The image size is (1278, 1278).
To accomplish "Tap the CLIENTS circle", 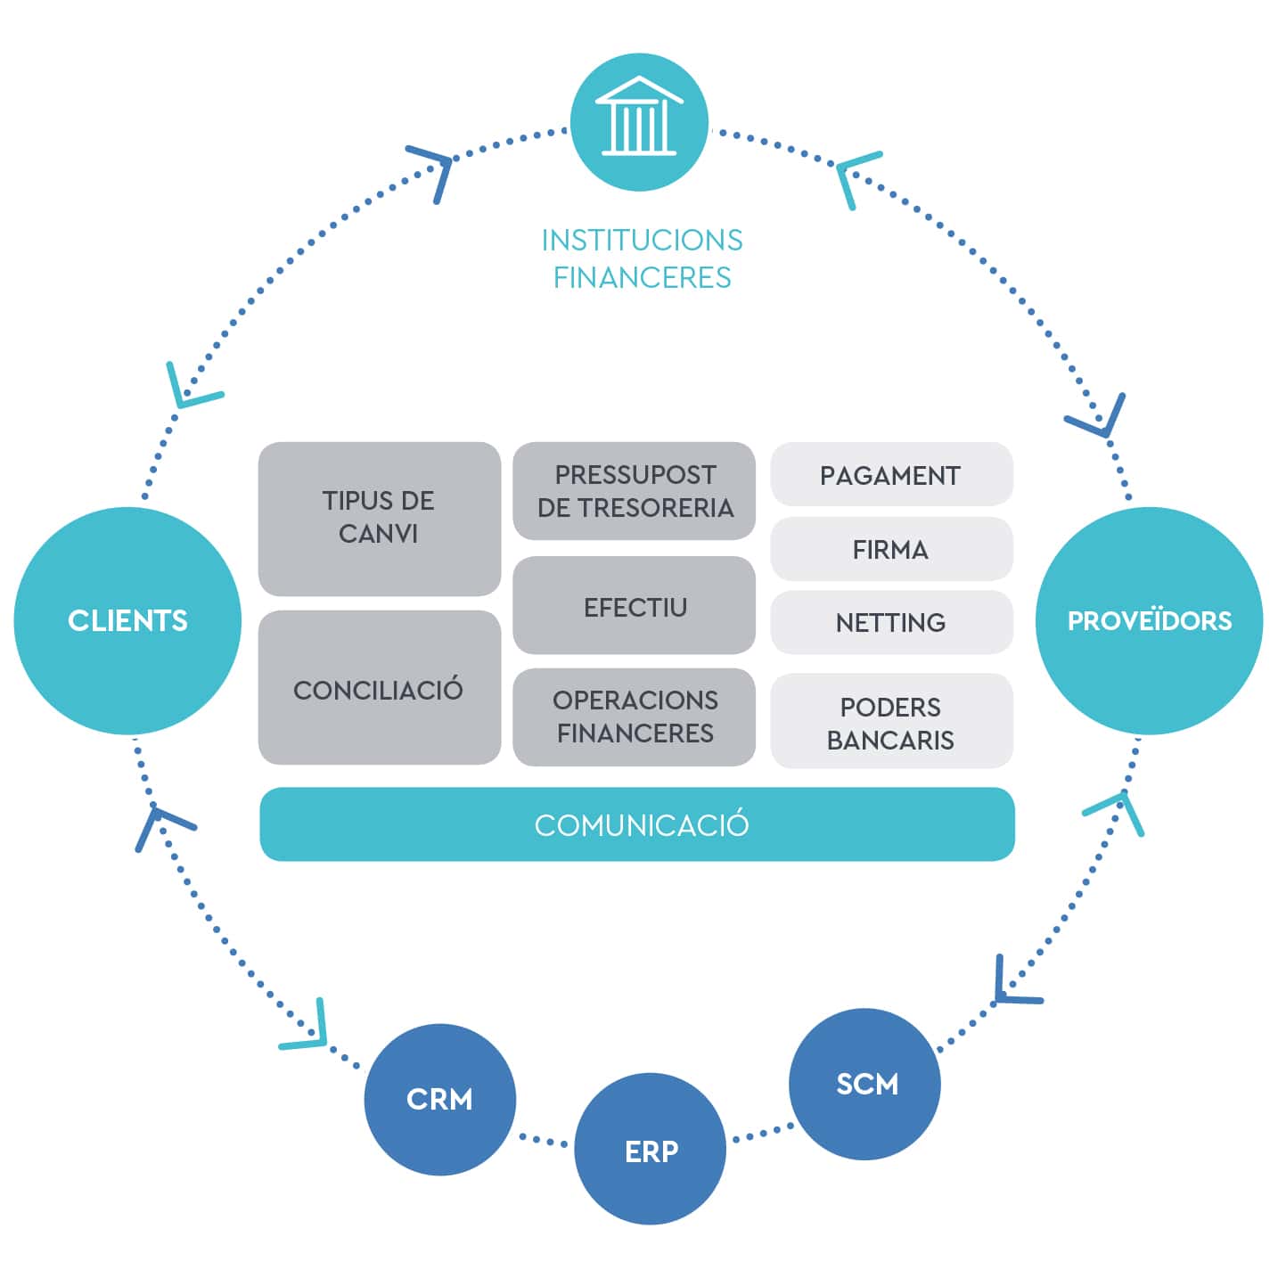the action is click(x=127, y=621).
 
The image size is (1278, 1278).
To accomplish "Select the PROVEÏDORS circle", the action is click(x=1150, y=621).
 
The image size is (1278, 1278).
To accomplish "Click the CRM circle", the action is click(x=439, y=1100).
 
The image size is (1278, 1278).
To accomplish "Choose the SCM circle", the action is click(x=864, y=1085).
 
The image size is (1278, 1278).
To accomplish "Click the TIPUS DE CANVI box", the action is click(x=380, y=519).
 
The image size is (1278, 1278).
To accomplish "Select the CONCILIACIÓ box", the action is click(x=380, y=688).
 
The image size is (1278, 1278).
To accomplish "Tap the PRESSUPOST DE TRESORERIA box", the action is click(x=634, y=491).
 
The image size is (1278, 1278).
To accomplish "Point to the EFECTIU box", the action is click(x=634, y=605).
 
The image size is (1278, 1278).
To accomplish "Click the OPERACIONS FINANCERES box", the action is click(x=634, y=717).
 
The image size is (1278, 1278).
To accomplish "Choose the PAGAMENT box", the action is click(x=891, y=474).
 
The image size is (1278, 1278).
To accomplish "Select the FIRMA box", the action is click(x=891, y=549).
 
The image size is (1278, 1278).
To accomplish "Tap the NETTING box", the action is click(x=891, y=622).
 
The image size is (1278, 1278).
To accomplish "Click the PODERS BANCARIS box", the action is click(x=891, y=721).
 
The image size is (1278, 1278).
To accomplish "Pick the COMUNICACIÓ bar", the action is click(x=636, y=824).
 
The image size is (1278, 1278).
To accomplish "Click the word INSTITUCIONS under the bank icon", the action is click(x=642, y=240).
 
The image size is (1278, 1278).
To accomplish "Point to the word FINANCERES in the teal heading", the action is click(x=642, y=277).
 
